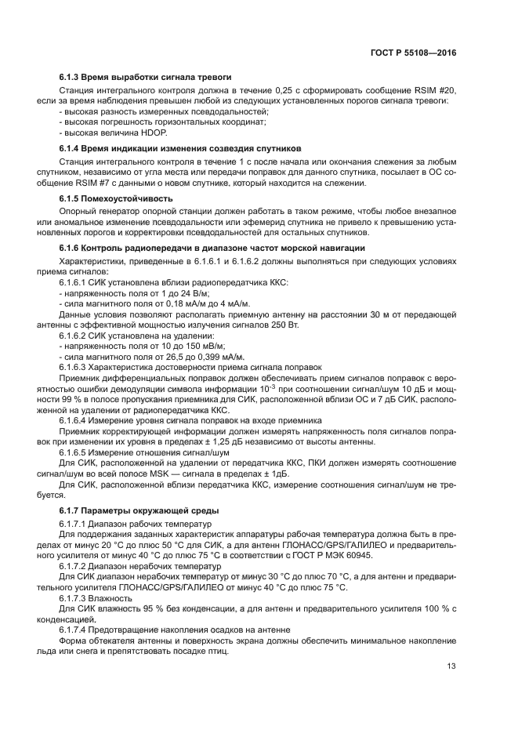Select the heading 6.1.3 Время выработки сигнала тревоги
click(145, 78)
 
